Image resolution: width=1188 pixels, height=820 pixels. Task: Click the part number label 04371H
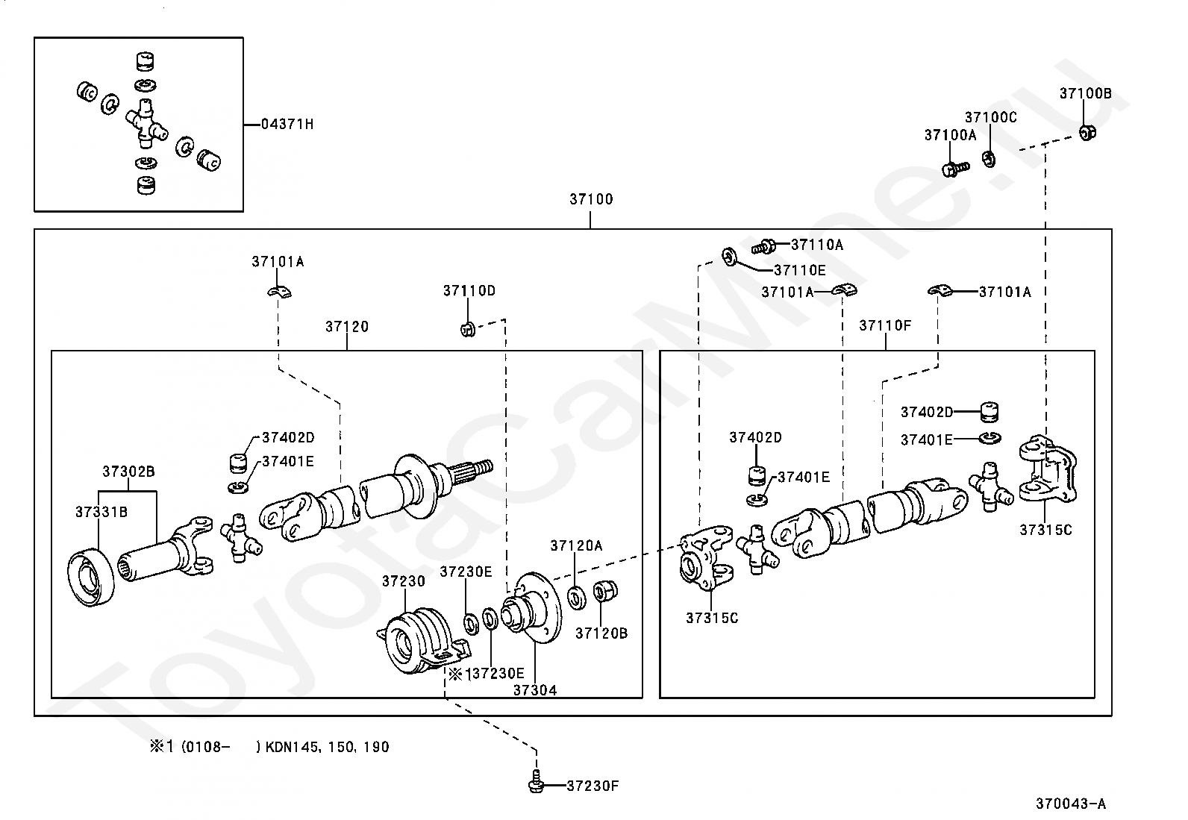point(287,124)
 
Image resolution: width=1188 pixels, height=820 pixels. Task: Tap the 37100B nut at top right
point(1087,132)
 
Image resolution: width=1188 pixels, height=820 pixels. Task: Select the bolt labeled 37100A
point(956,169)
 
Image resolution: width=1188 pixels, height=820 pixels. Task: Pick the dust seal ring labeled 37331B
point(91,578)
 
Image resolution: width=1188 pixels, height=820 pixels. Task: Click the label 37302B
point(128,472)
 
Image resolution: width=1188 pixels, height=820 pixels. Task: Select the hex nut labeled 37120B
point(604,592)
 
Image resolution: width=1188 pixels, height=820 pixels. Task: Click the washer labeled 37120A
point(577,597)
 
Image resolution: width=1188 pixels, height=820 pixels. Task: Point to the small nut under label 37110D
point(467,330)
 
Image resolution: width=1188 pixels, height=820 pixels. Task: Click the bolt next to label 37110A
point(763,246)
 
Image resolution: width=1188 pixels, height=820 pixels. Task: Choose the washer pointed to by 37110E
point(730,257)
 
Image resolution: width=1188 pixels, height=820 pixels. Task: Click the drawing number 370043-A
point(1071,804)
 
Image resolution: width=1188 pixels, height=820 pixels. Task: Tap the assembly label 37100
point(591,199)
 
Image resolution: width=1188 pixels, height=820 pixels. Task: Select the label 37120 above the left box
point(347,327)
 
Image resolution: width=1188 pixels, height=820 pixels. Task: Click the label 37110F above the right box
point(885,325)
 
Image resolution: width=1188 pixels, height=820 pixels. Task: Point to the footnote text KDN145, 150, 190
point(328,747)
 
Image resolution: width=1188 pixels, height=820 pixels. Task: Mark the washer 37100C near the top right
point(989,159)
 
